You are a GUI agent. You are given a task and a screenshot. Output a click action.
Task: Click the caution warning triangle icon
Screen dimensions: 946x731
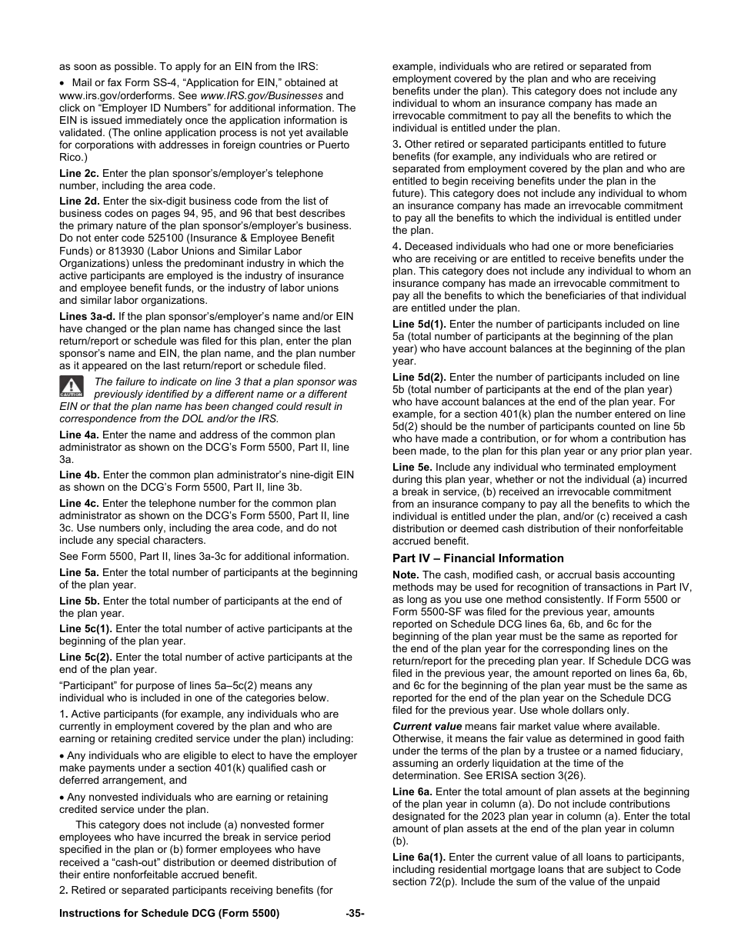[71, 386]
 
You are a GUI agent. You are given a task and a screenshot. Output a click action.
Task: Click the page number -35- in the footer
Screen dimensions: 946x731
[355, 913]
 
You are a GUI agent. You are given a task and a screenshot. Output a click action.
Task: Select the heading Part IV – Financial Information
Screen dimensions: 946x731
[478, 558]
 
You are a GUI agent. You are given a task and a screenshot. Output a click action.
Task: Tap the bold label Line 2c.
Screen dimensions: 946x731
[79, 174]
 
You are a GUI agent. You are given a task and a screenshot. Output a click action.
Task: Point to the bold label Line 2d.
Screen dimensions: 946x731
[79, 202]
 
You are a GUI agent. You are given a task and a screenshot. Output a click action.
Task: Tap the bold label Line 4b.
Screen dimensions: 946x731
[79, 475]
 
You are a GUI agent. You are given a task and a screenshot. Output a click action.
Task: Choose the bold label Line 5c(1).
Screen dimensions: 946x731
[85, 629]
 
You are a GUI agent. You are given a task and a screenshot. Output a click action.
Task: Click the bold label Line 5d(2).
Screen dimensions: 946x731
[419, 378]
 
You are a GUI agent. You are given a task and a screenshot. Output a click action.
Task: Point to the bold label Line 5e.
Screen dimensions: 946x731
[413, 468]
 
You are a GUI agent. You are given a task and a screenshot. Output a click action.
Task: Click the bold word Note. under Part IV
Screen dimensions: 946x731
[406, 575]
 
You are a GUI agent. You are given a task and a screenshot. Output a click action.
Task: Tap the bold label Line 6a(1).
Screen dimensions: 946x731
[419, 857]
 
